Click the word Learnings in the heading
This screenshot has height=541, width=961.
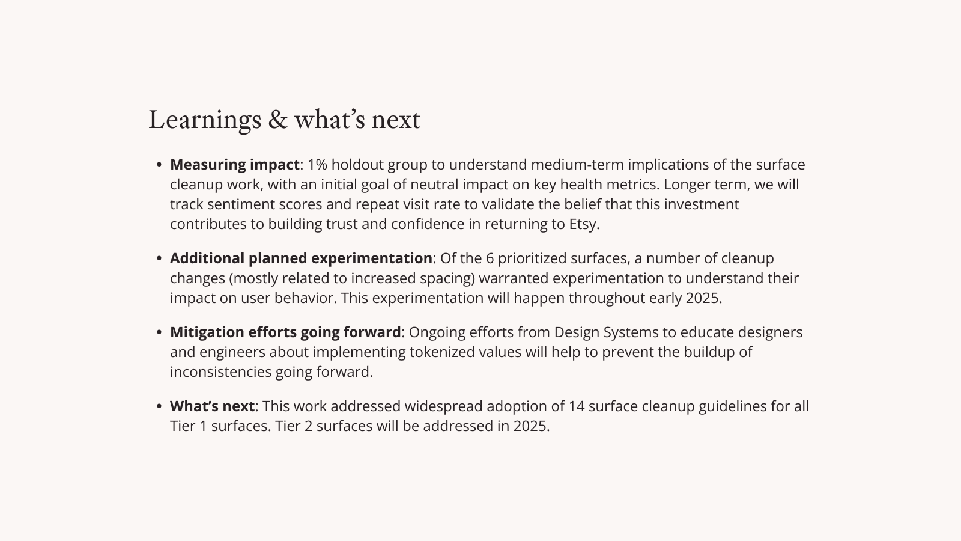click(205, 120)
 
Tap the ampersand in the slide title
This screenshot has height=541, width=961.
click(277, 120)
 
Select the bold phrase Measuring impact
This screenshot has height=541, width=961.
click(235, 165)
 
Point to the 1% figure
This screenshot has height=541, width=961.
click(318, 165)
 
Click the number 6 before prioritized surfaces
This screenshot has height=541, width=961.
click(490, 258)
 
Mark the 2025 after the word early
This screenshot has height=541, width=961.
click(702, 298)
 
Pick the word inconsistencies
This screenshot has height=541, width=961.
click(220, 372)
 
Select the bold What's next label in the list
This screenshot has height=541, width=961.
click(213, 406)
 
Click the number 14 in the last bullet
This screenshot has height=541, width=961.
click(576, 406)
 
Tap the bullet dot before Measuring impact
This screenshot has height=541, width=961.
click(159, 165)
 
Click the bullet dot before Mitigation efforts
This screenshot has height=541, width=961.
click(159, 332)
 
